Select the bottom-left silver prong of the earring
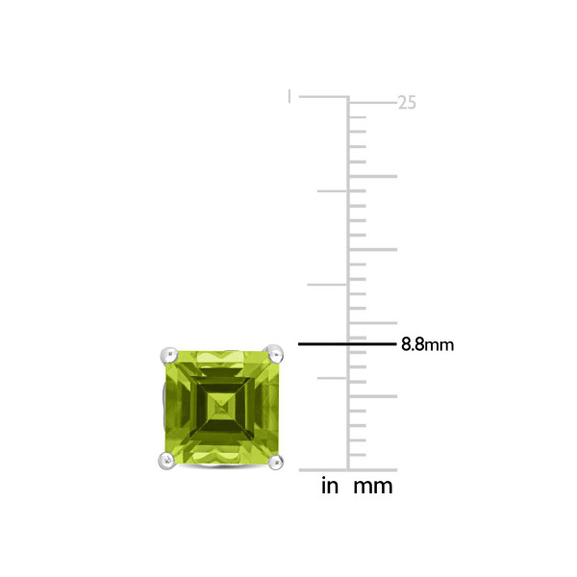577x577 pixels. click(164, 463)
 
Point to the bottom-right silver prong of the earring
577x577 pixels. click(277, 463)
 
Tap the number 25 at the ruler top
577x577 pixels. click(407, 102)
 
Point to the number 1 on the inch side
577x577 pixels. click(289, 95)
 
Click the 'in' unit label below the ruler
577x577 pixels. click(330, 487)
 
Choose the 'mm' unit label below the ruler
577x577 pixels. click(373, 487)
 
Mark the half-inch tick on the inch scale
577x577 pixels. click(327, 285)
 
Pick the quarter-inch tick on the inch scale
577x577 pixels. click(332, 378)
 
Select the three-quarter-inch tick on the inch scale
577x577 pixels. click(332, 190)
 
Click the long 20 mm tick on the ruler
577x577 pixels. click(373, 176)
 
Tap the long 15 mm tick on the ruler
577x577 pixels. click(373, 250)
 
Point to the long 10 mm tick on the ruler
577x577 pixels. click(373, 323)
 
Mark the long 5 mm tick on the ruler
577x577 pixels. click(373, 396)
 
